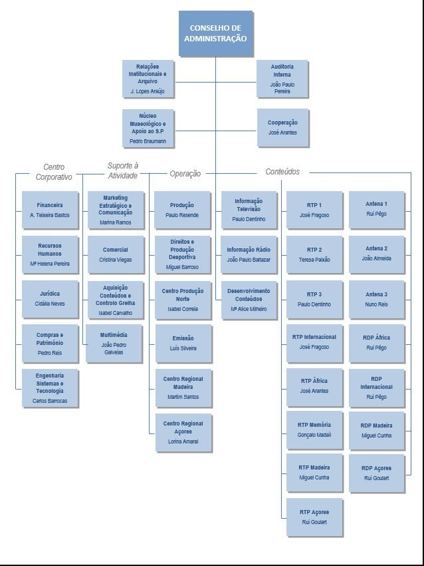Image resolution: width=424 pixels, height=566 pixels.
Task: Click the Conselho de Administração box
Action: (216, 33)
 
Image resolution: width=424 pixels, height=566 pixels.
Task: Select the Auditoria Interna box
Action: (282, 79)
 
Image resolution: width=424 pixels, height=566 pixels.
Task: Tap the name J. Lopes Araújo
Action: (148, 91)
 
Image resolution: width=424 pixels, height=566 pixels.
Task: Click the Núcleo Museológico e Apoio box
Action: (148, 128)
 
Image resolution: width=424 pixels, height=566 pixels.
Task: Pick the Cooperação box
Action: (282, 127)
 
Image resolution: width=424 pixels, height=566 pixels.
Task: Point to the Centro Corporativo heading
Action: (54, 172)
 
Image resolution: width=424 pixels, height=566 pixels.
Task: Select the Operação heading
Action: (185, 174)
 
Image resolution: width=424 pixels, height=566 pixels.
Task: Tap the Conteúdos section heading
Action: (282, 172)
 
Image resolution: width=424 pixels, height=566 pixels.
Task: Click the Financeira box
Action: (50, 210)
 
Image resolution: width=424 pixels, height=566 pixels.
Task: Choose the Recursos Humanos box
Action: (50, 254)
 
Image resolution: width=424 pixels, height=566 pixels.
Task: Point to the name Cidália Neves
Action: (50, 304)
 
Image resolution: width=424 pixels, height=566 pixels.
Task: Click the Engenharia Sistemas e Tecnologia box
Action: (50, 388)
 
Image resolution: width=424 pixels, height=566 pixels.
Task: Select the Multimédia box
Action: (114, 343)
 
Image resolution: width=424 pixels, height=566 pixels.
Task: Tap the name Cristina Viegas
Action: (116, 260)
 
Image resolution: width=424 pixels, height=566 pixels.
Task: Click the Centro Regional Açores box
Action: (183, 432)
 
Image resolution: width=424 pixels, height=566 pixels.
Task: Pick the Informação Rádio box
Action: (249, 254)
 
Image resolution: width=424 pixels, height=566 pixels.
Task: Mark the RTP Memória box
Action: (314, 429)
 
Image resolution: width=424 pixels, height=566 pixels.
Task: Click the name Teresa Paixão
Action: (314, 260)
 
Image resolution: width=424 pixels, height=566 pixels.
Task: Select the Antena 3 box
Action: (376, 298)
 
